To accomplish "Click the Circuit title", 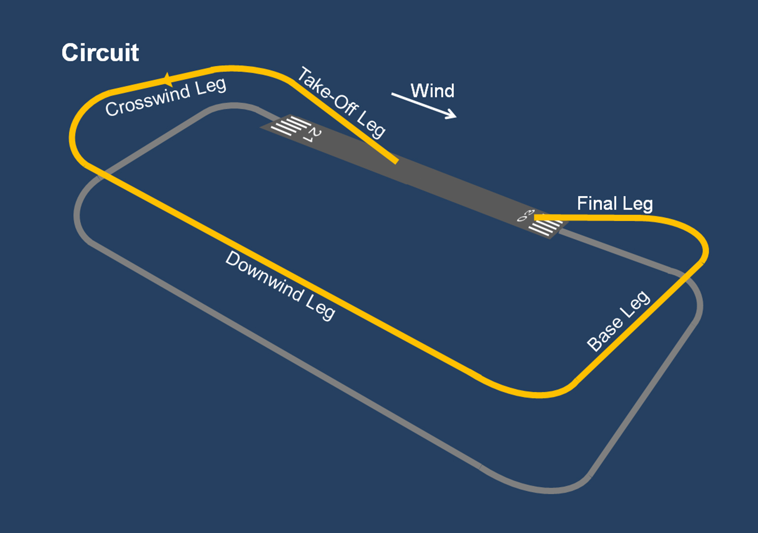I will (100, 53).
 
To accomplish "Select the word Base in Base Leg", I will (604, 335).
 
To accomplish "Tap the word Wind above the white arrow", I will (432, 91).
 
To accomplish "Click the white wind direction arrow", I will (424, 106).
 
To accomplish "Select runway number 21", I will (312, 135).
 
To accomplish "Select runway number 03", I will (525, 215).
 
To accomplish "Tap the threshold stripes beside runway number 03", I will (545, 227).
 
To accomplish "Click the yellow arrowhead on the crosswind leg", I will (167, 79).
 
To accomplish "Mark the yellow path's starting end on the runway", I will (395, 160).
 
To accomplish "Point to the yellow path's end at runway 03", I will (536, 217).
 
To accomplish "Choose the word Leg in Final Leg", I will (638, 204).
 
